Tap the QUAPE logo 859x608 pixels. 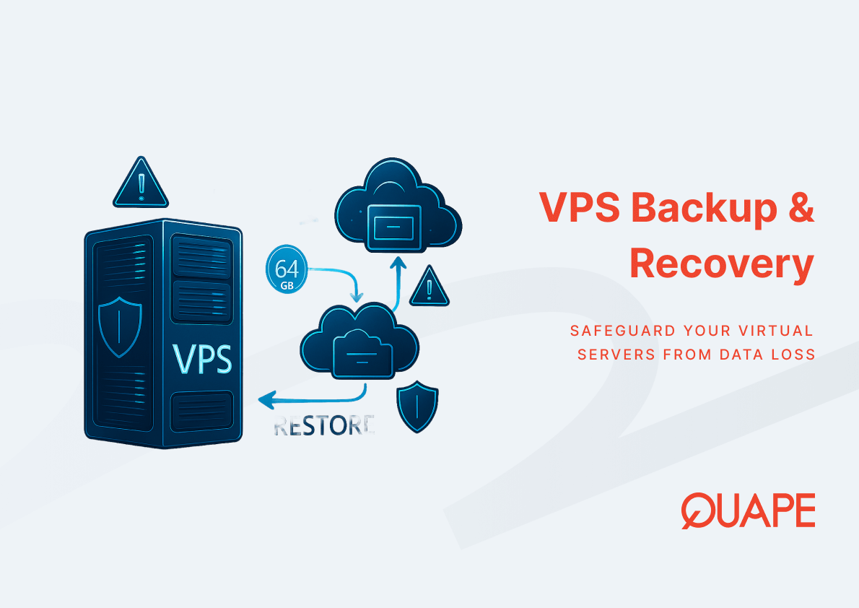(748, 511)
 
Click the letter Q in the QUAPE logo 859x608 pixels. (697, 511)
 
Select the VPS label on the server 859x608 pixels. (203, 359)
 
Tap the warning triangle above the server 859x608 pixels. (141, 183)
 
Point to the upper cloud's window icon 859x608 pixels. (394, 225)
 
